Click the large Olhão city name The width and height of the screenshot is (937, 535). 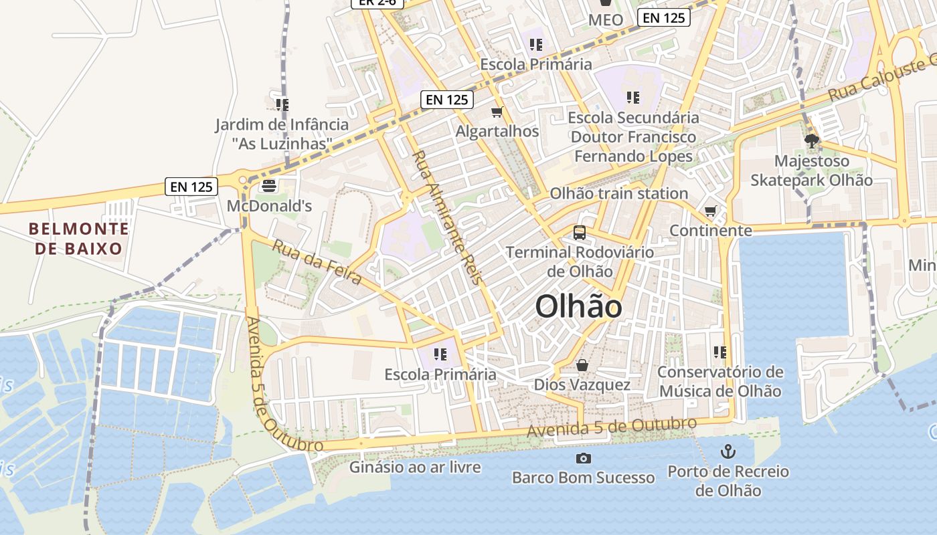(x=579, y=307)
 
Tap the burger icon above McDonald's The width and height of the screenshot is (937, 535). (x=269, y=185)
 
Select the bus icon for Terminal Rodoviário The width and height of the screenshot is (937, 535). (x=580, y=233)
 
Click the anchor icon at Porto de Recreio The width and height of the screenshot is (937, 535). (x=728, y=452)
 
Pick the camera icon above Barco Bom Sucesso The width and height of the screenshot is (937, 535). (x=584, y=458)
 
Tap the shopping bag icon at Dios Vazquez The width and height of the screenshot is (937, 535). (x=582, y=365)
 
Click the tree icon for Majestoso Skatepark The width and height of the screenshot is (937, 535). (x=812, y=141)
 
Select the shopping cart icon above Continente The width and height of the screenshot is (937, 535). (x=711, y=211)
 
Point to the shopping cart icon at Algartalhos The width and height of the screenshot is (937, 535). (x=497, y=112)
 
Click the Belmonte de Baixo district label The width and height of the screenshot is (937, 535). (x=79, y=239)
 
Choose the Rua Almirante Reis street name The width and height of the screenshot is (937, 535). (x=447, y=217)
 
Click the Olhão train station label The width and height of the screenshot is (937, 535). (x=618, y=193)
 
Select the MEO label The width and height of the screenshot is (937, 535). (x=606, y=20)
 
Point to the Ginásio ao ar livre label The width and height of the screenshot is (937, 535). (x=415, y=467)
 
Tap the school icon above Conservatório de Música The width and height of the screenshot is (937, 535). (x=720, y=352)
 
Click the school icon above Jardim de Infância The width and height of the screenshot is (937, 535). (x=282, y=104)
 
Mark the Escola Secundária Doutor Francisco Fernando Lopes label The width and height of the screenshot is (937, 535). (x=633, y=137)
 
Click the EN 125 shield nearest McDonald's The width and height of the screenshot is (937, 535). (x=191, y=187)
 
